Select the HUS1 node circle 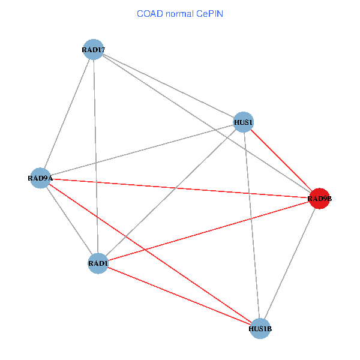(x=243, y=122)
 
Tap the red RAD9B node (x=319, y=199)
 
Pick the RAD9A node (x=40, y=178)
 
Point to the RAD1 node (x=98, y=263)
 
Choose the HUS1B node (x=260, y=328)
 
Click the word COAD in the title (x=148, y=13)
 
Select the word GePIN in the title (x=209, y=13)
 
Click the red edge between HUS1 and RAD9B (x=281, y=160)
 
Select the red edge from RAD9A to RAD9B (x=180, y=188)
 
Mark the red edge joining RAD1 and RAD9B (x=208, y=231)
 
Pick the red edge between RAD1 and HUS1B (x=179, y=296)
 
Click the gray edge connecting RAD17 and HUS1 (x=169, y=86)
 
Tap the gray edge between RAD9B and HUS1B (x=290, y=263)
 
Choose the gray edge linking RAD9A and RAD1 (x=69, y=221)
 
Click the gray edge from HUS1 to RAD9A (x=142, y=150)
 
